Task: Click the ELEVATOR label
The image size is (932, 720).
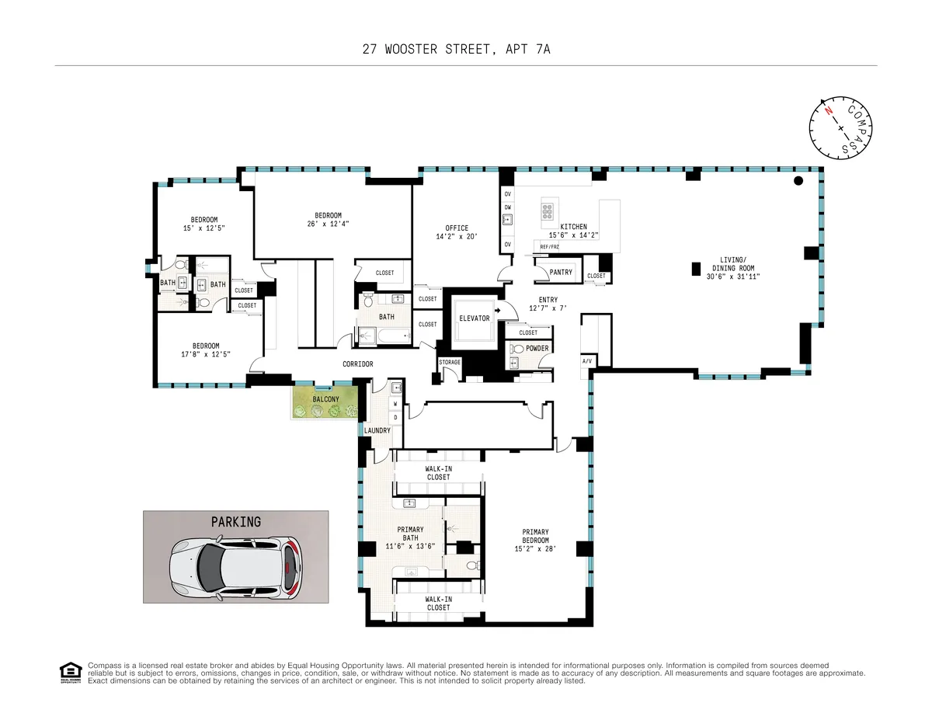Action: click(474, 318)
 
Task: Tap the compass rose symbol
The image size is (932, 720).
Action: click(841, 126)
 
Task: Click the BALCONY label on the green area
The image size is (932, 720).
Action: click(325, 399)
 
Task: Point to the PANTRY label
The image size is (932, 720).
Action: click(560, 273)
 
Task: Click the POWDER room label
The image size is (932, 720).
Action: click(537, 349)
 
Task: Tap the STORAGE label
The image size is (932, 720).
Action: click(450, 363)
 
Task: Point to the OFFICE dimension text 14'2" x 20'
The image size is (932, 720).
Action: click(457, 237)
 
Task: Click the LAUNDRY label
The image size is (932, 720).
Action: click(377, 430)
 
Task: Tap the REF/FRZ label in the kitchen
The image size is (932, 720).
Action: click(549, 246)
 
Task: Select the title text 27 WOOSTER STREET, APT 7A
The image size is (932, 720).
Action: click(461, 49)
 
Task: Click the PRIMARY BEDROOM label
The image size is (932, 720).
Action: click(535, 536)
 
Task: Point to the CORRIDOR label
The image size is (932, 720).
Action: click(358, 364)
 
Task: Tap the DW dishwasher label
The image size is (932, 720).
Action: click(507, 207)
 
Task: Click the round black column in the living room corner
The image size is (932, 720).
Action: click(797, 182)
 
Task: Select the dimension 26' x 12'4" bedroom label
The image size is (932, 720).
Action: click(328, 224)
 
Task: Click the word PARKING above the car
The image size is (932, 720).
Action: click(235, 522)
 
